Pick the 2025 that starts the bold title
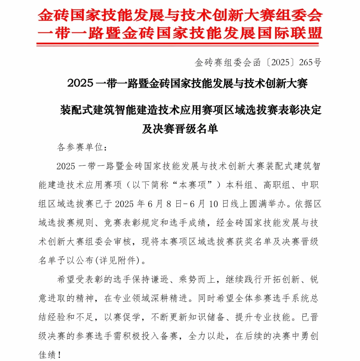(x=80, y=84)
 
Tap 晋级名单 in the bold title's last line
(x=199, y=129)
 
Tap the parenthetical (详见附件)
(x=124, y=261)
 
